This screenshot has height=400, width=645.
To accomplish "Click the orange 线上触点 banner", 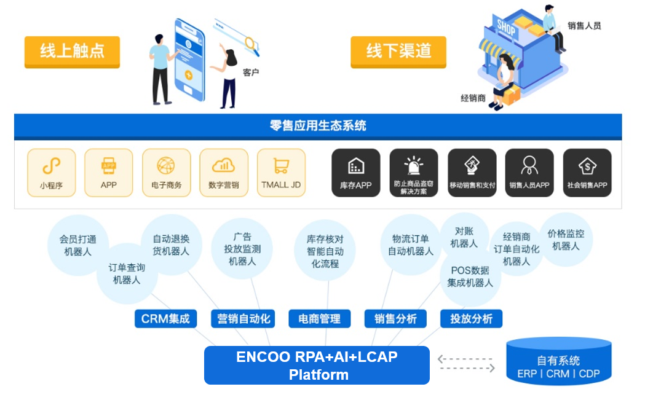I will coord(72,52).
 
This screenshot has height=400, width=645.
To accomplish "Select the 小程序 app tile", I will coord(52,173).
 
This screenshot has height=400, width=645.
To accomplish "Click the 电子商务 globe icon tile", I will coord(166,173).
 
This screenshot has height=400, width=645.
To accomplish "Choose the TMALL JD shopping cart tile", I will coord(281,173).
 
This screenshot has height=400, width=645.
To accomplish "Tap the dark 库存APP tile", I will coord(355,173).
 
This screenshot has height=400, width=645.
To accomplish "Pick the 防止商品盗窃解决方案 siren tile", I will coord(413,173).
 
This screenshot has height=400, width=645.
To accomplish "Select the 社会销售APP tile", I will coord(587,173).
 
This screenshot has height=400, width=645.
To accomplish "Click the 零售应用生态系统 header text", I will coord(318,126).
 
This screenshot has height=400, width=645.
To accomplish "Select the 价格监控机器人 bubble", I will coord(566,240).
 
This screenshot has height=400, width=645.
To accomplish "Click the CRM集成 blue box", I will coord(165,318).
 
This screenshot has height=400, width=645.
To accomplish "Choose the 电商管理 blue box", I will coord(319,318).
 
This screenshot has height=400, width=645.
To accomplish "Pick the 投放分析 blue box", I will coord(471,318).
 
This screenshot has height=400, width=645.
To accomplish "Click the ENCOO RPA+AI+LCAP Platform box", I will coord(317,366).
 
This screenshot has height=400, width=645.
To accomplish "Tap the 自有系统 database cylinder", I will coord(558,363).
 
